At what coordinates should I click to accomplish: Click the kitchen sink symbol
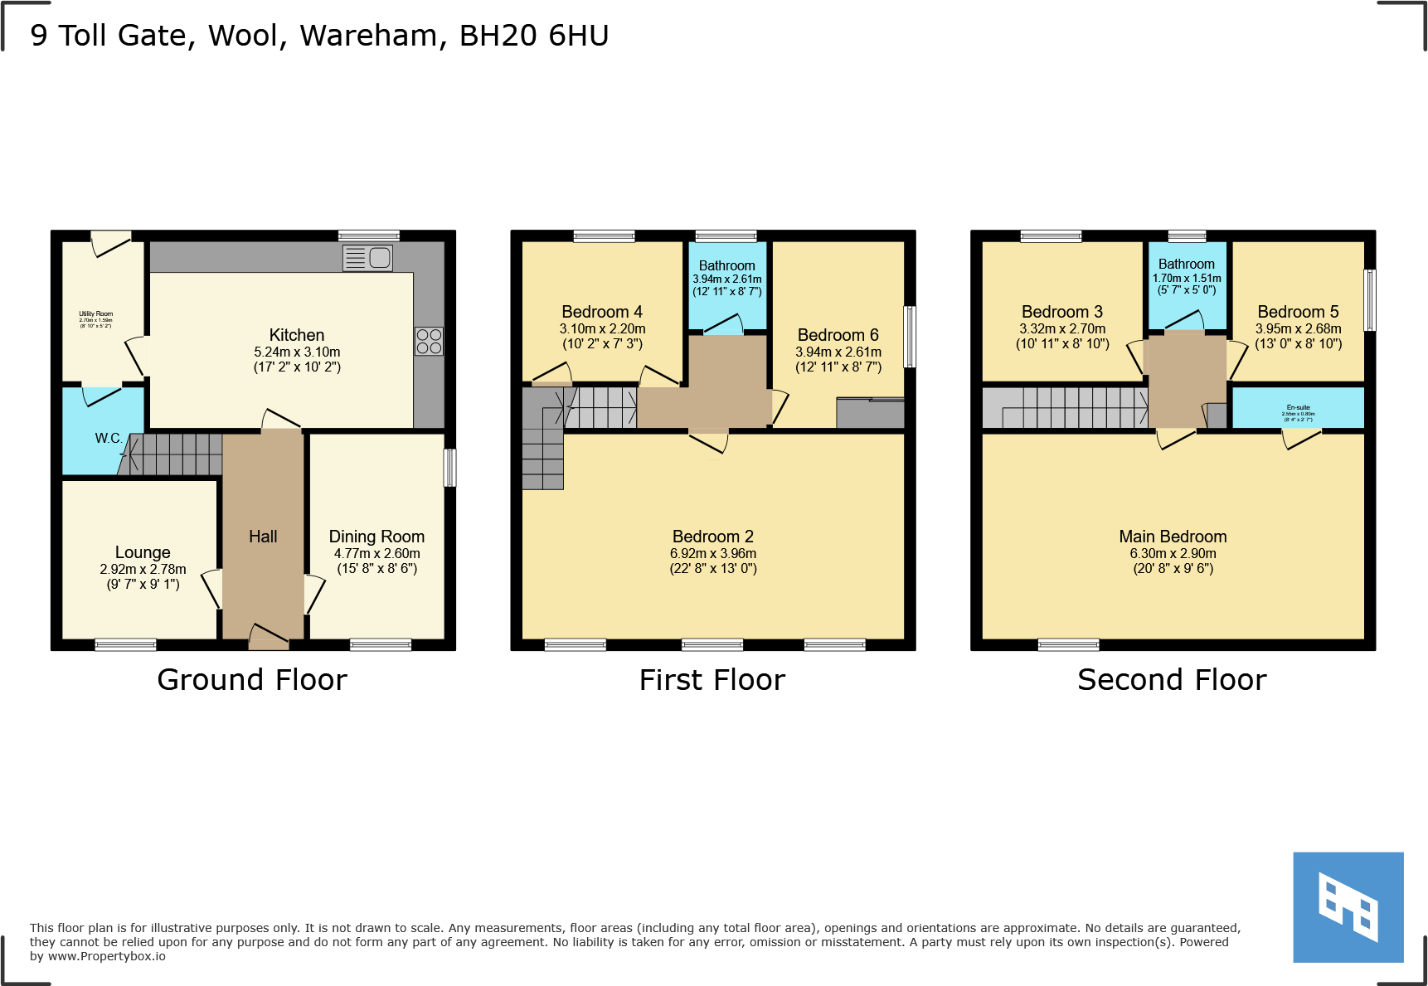(368, 258)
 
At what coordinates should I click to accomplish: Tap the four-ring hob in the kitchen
(429, 342)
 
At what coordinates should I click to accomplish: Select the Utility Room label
(96, 314)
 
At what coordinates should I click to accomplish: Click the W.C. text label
(108, 438)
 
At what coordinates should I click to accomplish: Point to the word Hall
(263, 537)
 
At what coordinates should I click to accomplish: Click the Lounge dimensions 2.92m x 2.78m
(143, 569)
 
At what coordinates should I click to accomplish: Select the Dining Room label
(376, 537)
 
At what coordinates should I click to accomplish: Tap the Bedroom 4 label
(602, 312)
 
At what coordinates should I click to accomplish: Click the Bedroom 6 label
(838, 335)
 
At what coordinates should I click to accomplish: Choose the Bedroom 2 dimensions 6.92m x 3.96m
(713, 553)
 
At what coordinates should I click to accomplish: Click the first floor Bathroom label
(726, 265)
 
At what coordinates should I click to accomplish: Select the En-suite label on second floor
(1298, 407)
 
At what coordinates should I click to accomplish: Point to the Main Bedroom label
(1173, 537)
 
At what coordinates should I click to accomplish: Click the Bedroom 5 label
(1298, 312)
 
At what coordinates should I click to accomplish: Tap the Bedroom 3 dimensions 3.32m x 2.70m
(1062, 328)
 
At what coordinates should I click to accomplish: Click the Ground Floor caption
(252, 680)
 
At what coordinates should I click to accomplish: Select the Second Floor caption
(1172, 680)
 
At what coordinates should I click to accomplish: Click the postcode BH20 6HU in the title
(534, 36)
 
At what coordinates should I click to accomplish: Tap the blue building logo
(1348, 907)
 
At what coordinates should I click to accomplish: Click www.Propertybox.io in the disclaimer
(106, 956)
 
